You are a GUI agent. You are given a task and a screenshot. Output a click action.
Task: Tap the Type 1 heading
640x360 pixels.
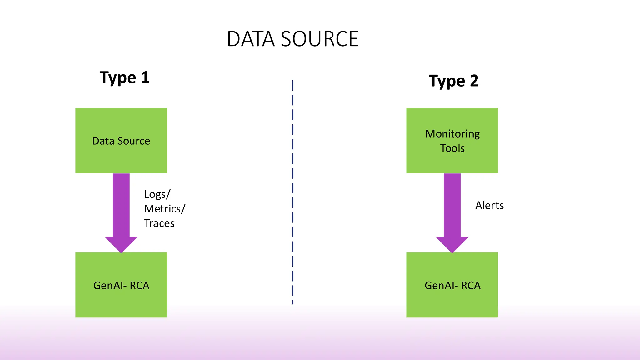(x=124, y=77)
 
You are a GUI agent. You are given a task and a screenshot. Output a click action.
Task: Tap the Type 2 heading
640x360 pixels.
(x=453, y=81)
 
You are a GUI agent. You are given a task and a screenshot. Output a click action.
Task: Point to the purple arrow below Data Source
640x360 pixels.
(x=121, y=209)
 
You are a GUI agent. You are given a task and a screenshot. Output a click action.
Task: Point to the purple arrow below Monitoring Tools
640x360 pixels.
(x=452, y=209)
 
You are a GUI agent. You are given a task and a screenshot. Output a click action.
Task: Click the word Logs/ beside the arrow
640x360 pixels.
(x=157, y=194)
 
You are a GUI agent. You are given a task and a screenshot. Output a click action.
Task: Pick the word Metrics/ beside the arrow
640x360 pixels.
(x=165, y=209)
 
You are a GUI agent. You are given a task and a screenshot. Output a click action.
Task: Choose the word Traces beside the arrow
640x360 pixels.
(x=159, y=223)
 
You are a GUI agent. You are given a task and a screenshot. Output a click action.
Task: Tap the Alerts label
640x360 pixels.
(x=489, y=206)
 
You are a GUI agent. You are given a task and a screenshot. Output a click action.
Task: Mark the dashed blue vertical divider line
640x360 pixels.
(x=292, y=187)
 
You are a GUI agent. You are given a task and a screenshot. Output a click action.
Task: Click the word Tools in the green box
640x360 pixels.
(x=452, y=148)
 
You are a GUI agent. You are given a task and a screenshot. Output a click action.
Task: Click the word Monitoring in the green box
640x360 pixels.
(x=452, y=134)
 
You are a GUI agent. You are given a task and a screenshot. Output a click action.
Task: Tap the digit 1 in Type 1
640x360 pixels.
(x=145, y=77)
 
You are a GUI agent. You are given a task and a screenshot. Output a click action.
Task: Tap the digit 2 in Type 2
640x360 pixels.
(x=474, y=81)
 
